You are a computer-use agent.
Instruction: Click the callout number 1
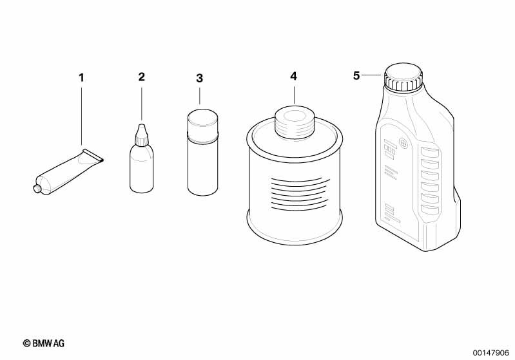coord(81,78)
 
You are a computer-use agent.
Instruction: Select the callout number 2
coord(142,77)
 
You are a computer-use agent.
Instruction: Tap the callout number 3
coord(199,79)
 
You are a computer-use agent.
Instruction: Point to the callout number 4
coord(293,76)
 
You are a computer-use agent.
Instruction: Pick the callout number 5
coord(356,76)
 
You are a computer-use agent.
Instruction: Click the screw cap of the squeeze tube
coord(37,188)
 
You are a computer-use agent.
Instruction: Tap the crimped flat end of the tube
coord(93,155)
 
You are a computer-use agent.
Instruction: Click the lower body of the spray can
coord(202,168)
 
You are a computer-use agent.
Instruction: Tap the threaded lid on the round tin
coord(295,123)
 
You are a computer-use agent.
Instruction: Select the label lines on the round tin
coord(299,194)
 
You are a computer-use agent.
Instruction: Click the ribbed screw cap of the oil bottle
coord(403,77)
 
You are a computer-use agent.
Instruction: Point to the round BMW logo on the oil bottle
coord(403,143)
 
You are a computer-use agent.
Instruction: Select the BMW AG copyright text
coord(44,343)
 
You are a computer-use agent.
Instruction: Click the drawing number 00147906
coord(491,353)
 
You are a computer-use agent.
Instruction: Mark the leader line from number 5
coord(372,75)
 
